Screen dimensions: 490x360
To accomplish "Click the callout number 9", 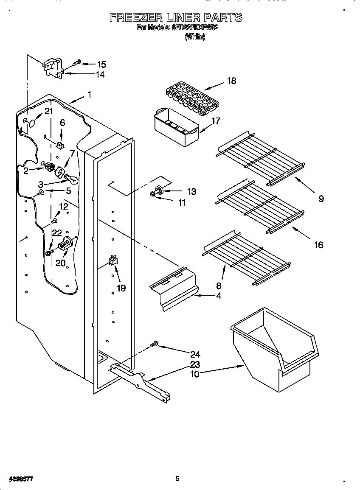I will (x=321, y=198).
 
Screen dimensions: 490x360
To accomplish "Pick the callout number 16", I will (x=318, y=244).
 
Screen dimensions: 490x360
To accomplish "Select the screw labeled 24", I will (x=155, y=344).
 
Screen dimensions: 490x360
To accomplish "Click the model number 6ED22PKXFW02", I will (x=195, y=28).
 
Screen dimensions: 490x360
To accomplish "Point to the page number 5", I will (x=177, y=479).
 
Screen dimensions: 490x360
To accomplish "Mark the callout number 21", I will (x=49, y=112).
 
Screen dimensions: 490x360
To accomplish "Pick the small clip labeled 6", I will (x=60, y=145).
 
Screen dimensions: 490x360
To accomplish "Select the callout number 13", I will (x=191, y=192).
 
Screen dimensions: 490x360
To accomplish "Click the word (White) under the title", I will (x=195, y=37).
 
